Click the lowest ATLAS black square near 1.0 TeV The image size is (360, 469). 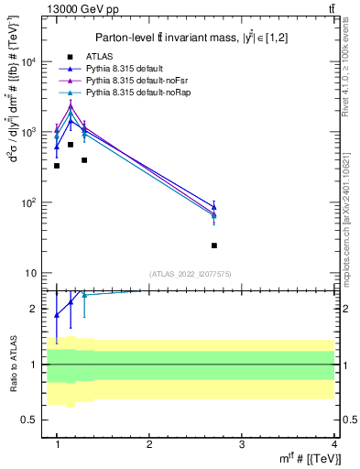coord(57,166)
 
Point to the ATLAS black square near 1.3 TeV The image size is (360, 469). coord(84,160)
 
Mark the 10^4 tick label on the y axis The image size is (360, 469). coord(32,62)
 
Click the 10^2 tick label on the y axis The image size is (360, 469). coord(32,202)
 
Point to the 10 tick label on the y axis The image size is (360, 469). coord(35,273)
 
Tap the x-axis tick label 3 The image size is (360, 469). coord(241,443)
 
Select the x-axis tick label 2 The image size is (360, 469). coord(149,443)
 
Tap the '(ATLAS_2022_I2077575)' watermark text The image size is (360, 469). coord(191,274)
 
